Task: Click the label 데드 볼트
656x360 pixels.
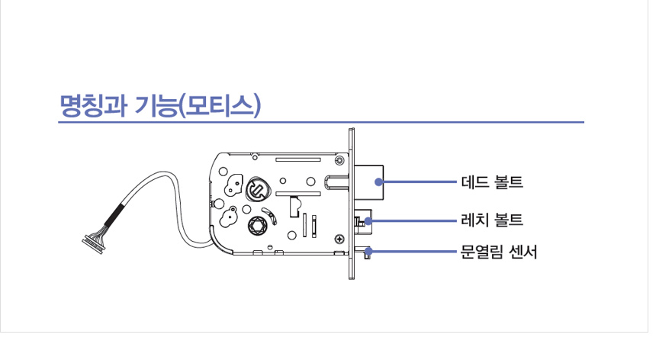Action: (492, 183)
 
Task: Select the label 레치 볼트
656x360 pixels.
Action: (492, 220)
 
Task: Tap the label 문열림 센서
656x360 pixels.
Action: (500, 251)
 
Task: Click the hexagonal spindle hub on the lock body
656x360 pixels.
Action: (257, 225)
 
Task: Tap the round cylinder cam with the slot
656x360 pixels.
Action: (256, 188)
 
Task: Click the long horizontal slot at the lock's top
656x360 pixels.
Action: (296, 159)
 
